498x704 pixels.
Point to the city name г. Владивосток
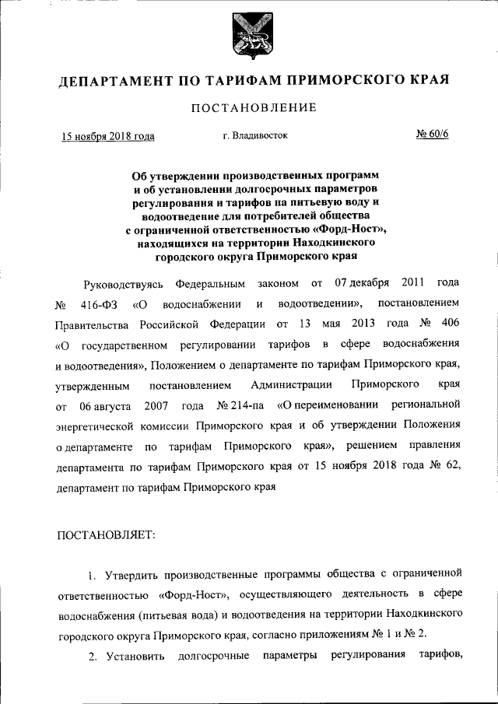(254, 135)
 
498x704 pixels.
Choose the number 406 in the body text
(449, 322)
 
